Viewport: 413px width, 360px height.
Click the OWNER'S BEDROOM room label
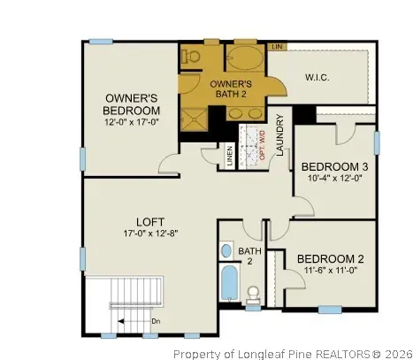pos(133,103)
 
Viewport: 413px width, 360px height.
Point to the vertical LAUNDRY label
pos(279,138)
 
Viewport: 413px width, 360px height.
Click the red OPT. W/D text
pos(262,144)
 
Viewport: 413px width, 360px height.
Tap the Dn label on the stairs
pos(157,320)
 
